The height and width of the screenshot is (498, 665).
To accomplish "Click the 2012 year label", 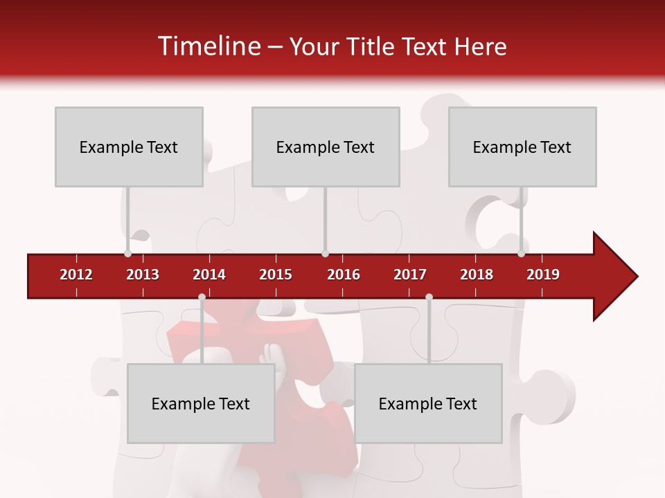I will coord(76,275).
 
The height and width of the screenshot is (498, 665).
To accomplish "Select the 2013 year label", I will coord(143,275).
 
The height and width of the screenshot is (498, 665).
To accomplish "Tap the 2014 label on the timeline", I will coord(209,275).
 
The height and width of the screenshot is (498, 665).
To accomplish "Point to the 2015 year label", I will coord(276,275).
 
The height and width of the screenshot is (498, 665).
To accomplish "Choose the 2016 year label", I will coord(344,275).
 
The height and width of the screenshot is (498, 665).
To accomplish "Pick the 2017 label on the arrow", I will coord(410,275).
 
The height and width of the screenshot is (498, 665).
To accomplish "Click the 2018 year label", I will coord(477,275).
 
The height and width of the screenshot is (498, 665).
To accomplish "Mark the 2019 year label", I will coord(543,275).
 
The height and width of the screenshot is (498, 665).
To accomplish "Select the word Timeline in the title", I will coord(207,46).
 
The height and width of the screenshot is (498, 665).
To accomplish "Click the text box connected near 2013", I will coord(129,147).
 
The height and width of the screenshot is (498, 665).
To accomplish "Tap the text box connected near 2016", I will coord(326,147).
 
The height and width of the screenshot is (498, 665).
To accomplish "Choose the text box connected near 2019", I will coord(522,147).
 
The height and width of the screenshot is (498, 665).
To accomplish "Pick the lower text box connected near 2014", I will coord(201,403).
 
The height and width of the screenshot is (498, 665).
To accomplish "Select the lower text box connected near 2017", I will coord(428,403).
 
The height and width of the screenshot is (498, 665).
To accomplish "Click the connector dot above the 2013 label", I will coord(127,253).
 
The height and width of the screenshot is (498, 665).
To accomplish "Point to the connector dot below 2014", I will coord(202,297).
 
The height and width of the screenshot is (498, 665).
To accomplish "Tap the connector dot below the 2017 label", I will coord(429,297).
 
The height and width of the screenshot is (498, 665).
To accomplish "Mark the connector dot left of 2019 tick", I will coord(521,253).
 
